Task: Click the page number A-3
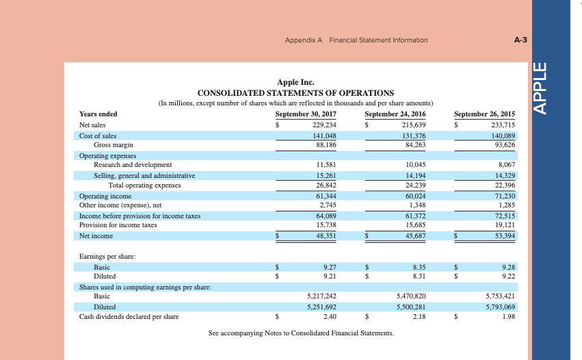pos(520,40)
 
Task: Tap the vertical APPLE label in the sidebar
pos(540,89)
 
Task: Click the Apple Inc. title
pos(295,82)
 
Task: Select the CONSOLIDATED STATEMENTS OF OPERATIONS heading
pos(295,92)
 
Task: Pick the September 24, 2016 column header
pos(395,114)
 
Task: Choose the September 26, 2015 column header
pos(485,114)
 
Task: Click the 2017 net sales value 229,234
pos(324,125)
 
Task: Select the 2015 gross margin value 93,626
pos(505,145)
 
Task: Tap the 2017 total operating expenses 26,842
pos(324,185)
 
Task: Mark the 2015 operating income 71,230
pos(505,196)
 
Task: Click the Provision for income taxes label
pos(118,224)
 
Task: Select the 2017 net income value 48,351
pos(324,236)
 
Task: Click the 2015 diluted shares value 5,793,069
pos(499,307)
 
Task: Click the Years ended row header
pos(98,114)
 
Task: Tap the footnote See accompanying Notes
pos(301,333)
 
